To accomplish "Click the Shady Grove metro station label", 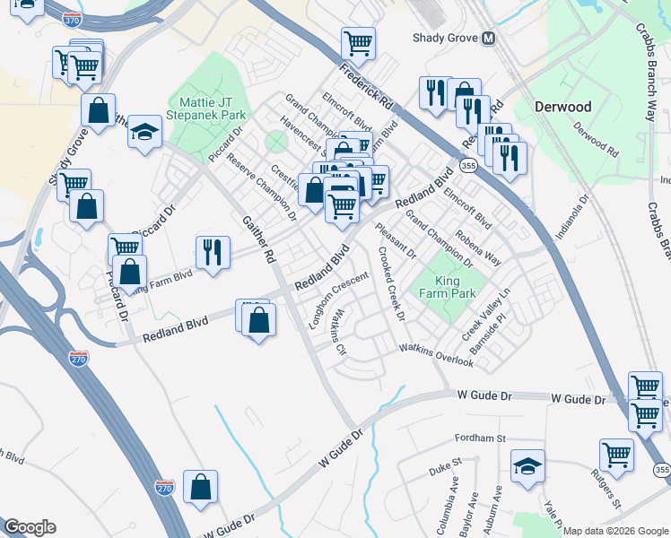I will coord(444,38).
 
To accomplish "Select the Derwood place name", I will coord(562,107).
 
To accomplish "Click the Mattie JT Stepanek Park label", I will coord(212,108).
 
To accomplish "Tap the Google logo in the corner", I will coord(30,527).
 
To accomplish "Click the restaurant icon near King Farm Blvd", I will coord(213,252).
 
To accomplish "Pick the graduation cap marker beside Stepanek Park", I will coord(144,132).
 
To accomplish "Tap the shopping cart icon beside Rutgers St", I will coord(616,455).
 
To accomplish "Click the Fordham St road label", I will coord(482,438).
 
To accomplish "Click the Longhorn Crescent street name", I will coord(338,300).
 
